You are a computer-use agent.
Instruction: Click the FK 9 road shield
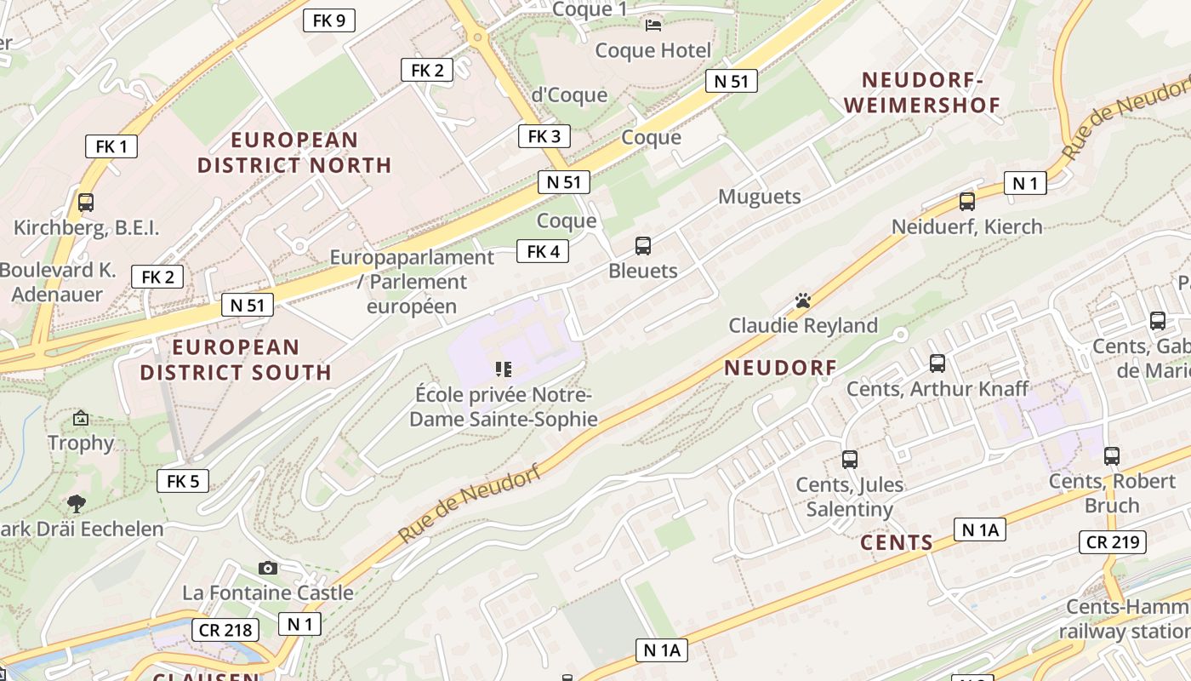[328, 20]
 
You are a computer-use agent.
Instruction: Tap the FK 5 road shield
[183, 481]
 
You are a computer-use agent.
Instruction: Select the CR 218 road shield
[225, 630]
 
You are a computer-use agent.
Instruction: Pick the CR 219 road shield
[1113, 542]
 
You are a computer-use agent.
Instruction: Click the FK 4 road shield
[543, 251]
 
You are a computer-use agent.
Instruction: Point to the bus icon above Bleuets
[643, 246]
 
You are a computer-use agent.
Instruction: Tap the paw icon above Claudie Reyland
[803, 300]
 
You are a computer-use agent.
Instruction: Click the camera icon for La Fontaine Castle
[268, 568]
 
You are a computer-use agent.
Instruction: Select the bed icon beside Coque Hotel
[653, 25]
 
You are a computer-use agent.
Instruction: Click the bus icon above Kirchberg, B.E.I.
[86, 203]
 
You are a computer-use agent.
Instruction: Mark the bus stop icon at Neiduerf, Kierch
[967, 202]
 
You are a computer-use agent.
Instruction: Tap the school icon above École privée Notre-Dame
[504, 369]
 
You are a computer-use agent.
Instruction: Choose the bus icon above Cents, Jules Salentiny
[849, 460]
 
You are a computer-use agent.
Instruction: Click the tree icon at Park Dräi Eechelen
[77, 503]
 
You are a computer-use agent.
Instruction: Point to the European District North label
[294, 152]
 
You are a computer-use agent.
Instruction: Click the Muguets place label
[760, 197]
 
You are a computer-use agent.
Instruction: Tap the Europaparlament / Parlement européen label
[412, 282]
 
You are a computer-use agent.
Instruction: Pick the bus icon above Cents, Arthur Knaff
[937, 363]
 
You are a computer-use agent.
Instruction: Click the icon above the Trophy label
[81, 418]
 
